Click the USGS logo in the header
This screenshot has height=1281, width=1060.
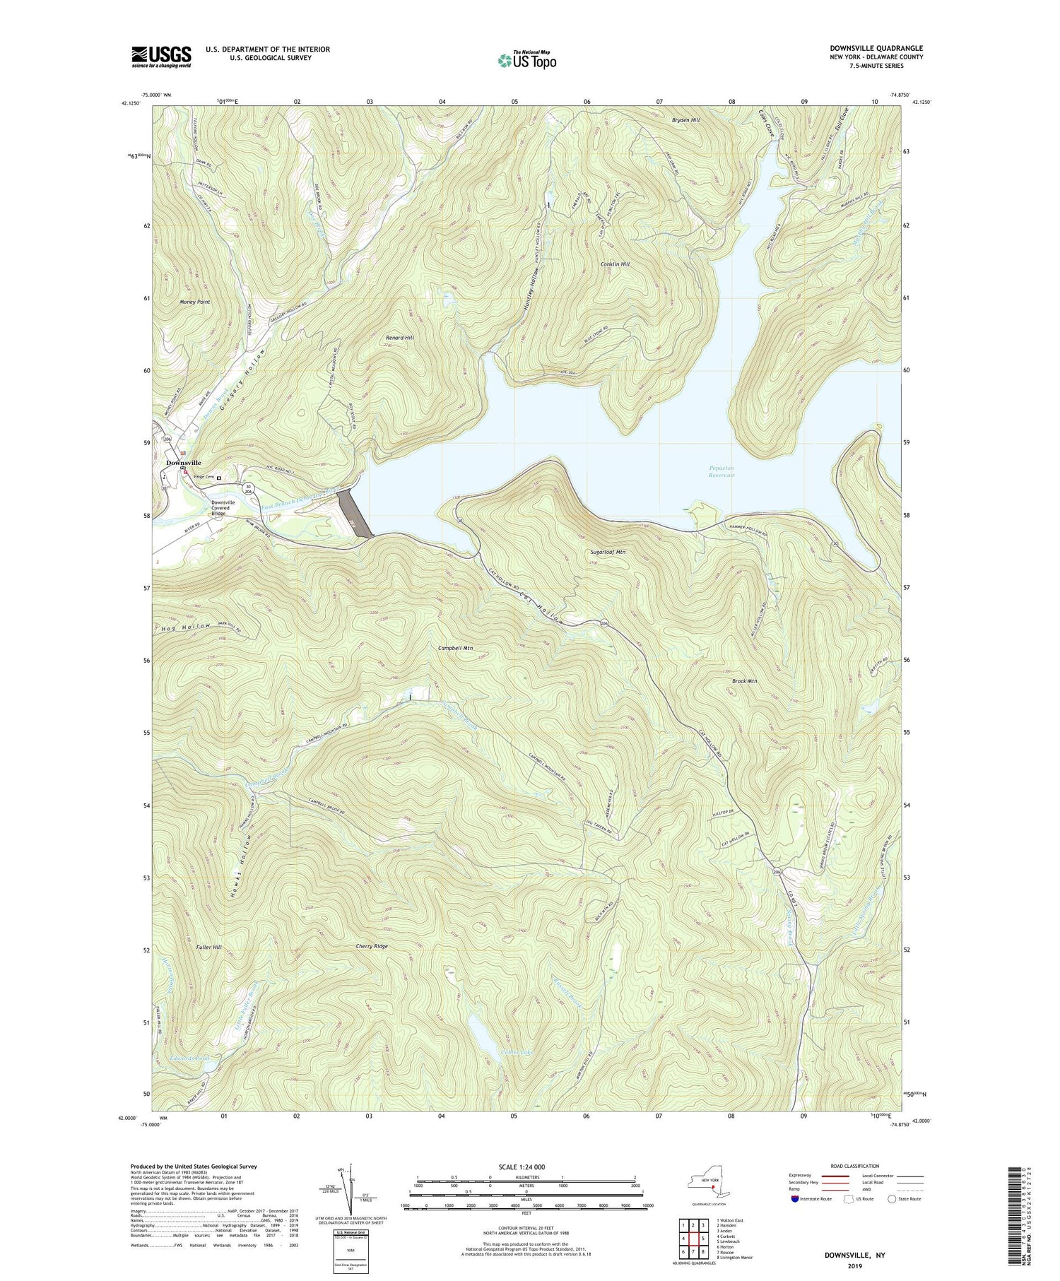coord(161,57)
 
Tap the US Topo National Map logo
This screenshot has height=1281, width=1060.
coord(526,61)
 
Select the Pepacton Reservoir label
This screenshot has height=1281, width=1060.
coord(722,471)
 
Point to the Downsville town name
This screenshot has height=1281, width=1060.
coord(183,463)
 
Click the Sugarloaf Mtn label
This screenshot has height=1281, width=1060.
coord(606,552)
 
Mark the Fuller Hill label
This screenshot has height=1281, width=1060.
coord(194,945)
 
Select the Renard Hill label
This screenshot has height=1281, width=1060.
coord(400,338)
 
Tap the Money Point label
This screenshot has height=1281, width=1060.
coord(195,302)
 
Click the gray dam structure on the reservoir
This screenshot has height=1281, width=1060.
coord(355,513)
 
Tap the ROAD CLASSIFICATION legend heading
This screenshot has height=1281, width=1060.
coord(855,1166)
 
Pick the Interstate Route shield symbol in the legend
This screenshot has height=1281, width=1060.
coord(795,1199)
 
